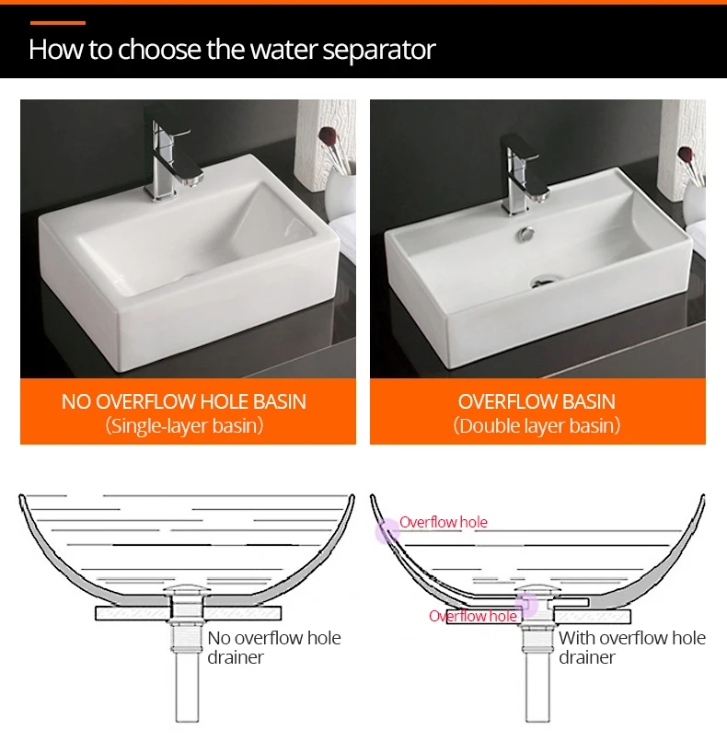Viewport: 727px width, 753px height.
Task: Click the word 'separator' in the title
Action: (379, 50)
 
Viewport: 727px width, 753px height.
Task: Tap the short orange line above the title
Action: (58, 23)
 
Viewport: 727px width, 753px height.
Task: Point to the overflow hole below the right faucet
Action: (526, 234)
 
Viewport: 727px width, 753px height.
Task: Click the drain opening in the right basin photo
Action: (544, 282)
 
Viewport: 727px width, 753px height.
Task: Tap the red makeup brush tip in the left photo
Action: (327, 135)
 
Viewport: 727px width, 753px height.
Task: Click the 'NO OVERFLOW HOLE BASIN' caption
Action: (184, 401)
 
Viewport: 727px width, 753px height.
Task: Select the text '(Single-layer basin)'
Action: (184, 425)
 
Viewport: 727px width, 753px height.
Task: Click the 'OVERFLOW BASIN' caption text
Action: (537, 401)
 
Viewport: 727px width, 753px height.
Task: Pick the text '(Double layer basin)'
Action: (537, 425)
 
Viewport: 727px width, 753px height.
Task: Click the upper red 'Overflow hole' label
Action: (444, 522)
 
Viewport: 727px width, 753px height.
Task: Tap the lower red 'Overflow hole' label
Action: (473, 616)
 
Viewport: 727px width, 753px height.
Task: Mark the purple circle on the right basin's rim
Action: (387, 531)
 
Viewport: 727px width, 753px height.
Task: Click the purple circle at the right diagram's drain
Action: (526, 605)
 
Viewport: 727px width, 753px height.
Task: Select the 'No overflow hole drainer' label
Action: (274, 647)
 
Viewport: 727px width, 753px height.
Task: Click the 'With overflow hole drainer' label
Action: (632, 647)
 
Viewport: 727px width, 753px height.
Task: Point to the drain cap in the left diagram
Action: (187, 589)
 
